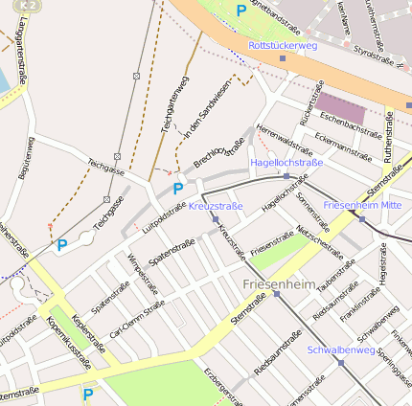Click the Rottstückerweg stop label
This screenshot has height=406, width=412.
pos(282,45)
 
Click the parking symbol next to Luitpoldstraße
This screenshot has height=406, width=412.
pos(178,189)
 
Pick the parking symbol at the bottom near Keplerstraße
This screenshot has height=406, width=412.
pos(89,393)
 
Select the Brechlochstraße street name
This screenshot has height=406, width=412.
pos(219,152)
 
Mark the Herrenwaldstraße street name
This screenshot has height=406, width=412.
pos(285,141)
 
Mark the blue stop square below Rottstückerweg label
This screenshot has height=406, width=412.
pos(282,58)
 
